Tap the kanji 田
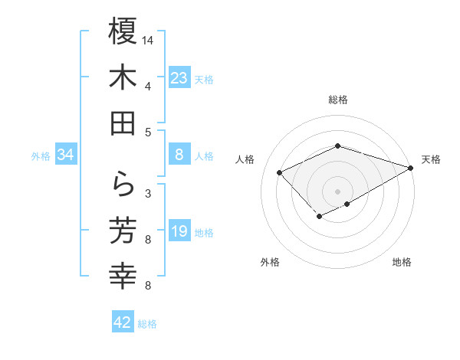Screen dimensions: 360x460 (123, 123)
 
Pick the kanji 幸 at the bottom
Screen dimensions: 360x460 (123, 276)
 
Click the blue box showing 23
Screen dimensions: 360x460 (179, 77)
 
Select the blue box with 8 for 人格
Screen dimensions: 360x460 (179, 155)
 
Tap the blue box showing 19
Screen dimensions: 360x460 (179, 231)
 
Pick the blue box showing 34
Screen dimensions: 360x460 (66, 155)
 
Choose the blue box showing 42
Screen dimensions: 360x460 (123, 322)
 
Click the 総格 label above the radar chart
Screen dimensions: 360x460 (338, 100)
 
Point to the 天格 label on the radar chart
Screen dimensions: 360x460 (431, 159)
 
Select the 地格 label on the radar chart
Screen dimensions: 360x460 (402, 262)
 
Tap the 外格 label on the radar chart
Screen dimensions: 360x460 (270, 262)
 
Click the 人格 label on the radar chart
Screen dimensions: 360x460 (245, 159)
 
